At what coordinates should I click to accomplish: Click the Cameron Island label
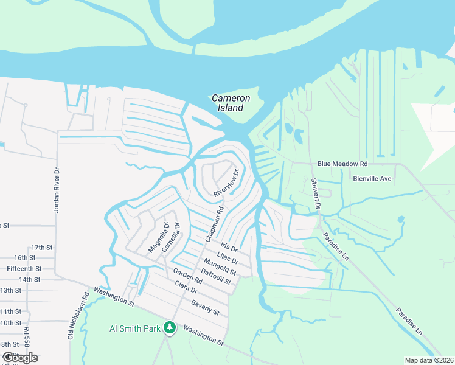227,103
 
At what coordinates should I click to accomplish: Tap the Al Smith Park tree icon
170,328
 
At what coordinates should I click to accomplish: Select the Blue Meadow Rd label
342,164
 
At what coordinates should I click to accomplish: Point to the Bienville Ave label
372,179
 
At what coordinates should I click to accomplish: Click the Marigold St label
220,265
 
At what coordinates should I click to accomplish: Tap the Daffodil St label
217,277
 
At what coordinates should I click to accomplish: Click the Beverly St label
205,307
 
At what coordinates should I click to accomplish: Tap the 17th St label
42,248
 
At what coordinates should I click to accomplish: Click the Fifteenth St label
24,268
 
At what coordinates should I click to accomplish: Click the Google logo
19,358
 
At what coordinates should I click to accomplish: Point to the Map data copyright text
428,360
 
